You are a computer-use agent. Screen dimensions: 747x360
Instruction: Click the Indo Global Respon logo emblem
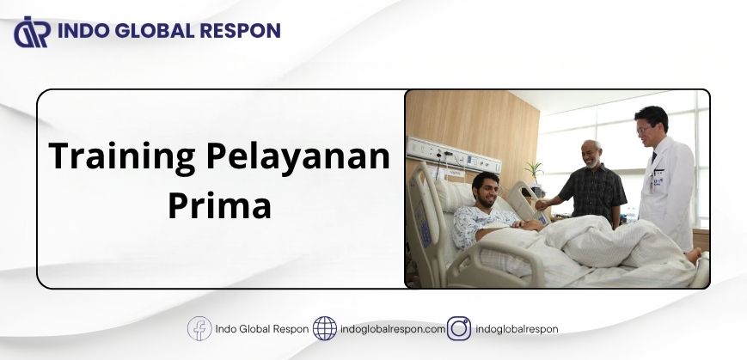32,32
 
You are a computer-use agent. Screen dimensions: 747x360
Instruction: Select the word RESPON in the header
240,30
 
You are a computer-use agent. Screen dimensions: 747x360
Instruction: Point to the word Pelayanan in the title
298,156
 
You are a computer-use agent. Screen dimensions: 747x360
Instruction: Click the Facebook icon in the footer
199,328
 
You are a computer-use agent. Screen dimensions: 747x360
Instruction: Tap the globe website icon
324,328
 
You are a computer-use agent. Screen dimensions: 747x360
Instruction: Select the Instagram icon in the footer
459,328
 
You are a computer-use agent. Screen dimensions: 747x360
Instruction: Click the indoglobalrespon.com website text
393,329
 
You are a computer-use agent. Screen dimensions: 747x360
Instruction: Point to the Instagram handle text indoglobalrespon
517,329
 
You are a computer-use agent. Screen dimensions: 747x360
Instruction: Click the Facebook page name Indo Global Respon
261,329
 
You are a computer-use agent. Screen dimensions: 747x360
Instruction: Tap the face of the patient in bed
485,192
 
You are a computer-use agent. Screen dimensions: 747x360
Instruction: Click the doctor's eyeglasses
643,129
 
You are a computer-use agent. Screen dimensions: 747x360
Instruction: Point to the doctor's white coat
667,192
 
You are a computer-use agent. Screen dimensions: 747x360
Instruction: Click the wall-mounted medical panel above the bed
452,155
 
